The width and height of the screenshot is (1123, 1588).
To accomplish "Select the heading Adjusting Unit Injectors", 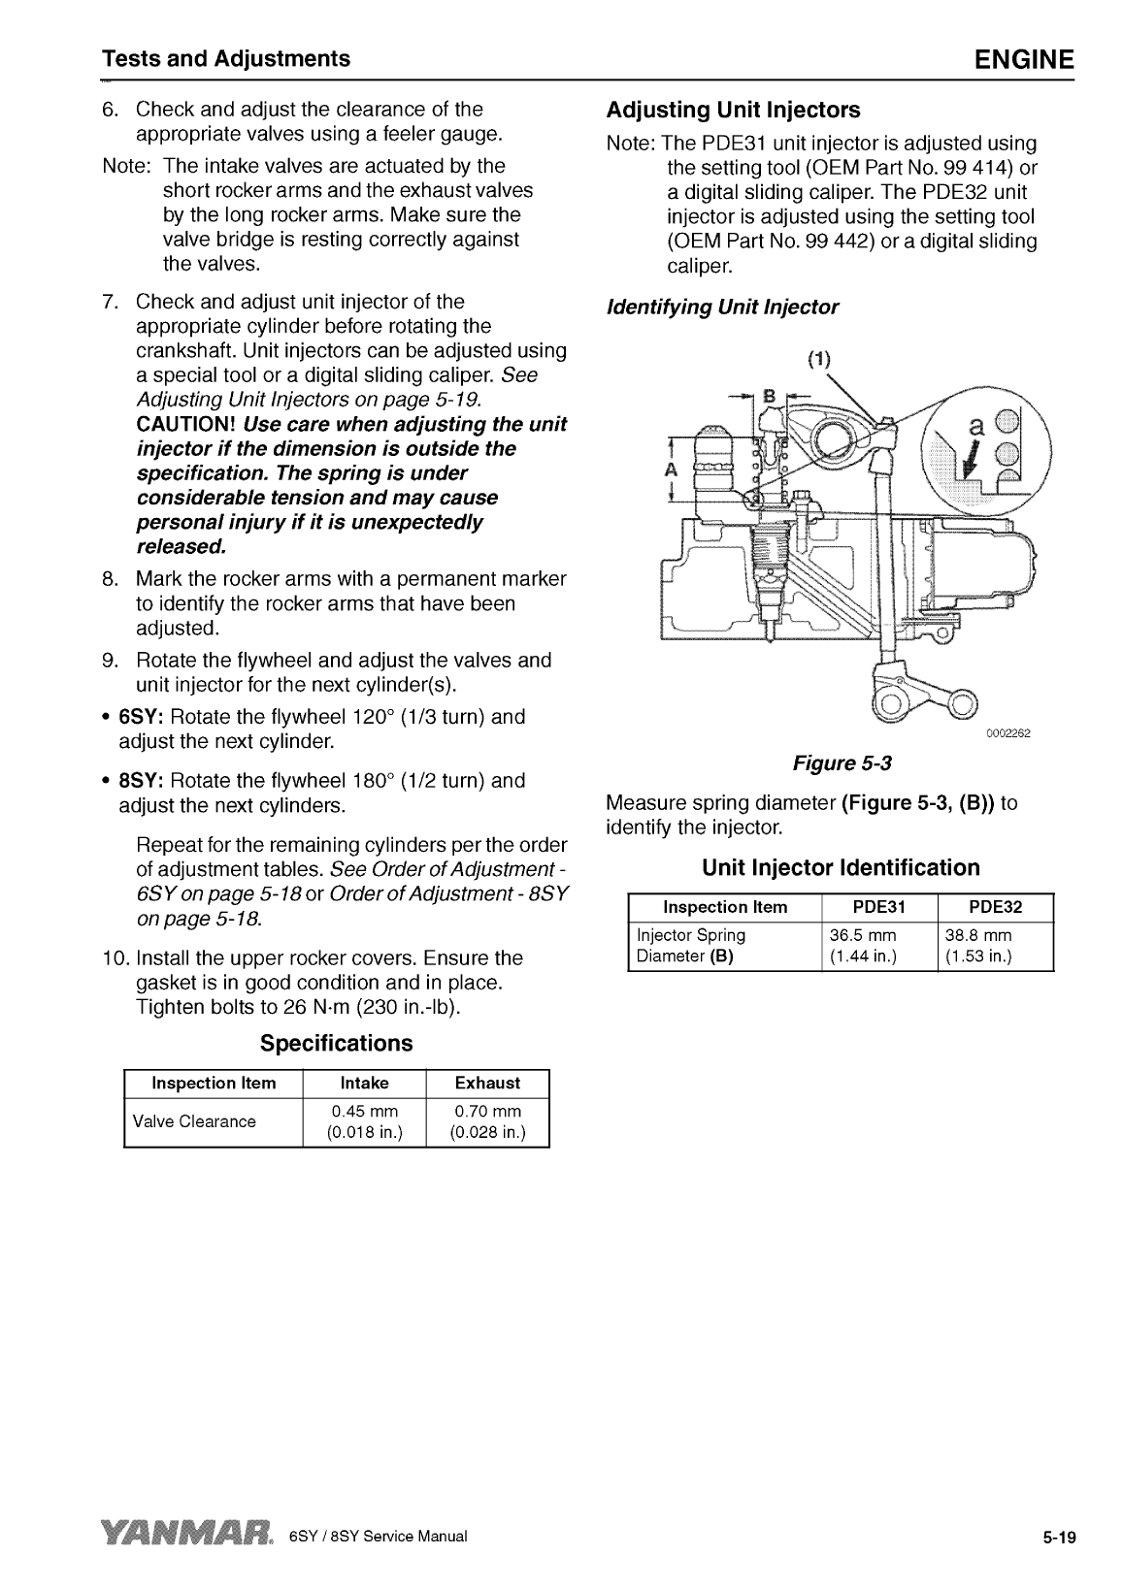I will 733,109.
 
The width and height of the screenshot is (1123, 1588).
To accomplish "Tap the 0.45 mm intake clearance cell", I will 365,1121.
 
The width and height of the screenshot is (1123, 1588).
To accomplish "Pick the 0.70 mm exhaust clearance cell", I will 488,1121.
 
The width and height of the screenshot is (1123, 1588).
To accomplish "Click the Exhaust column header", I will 488,1083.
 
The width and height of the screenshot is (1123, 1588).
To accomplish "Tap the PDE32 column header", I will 995,907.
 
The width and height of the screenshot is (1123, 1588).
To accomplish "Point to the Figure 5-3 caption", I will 842,763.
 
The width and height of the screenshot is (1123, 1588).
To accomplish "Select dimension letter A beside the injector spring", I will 669,469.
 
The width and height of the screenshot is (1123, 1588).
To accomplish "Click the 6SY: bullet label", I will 142,717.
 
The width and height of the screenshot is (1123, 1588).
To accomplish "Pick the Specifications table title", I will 336,1043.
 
